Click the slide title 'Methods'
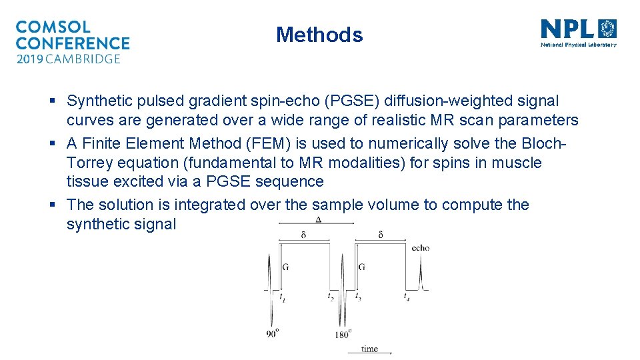[x=319, y=35]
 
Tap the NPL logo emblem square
[x=608, y=29]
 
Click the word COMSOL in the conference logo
[x=53, y=27]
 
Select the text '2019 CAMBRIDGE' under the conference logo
[x=68, y=59]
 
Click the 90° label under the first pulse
[x=271, y=334]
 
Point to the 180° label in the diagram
[x=342, y=334]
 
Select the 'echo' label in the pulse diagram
[x=421, y=247]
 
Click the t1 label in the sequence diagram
[x=283, y=296]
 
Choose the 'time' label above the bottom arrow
[x=369, y=348]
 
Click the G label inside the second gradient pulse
[x=361, y=267]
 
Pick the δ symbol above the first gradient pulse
[x=304, y=235]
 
